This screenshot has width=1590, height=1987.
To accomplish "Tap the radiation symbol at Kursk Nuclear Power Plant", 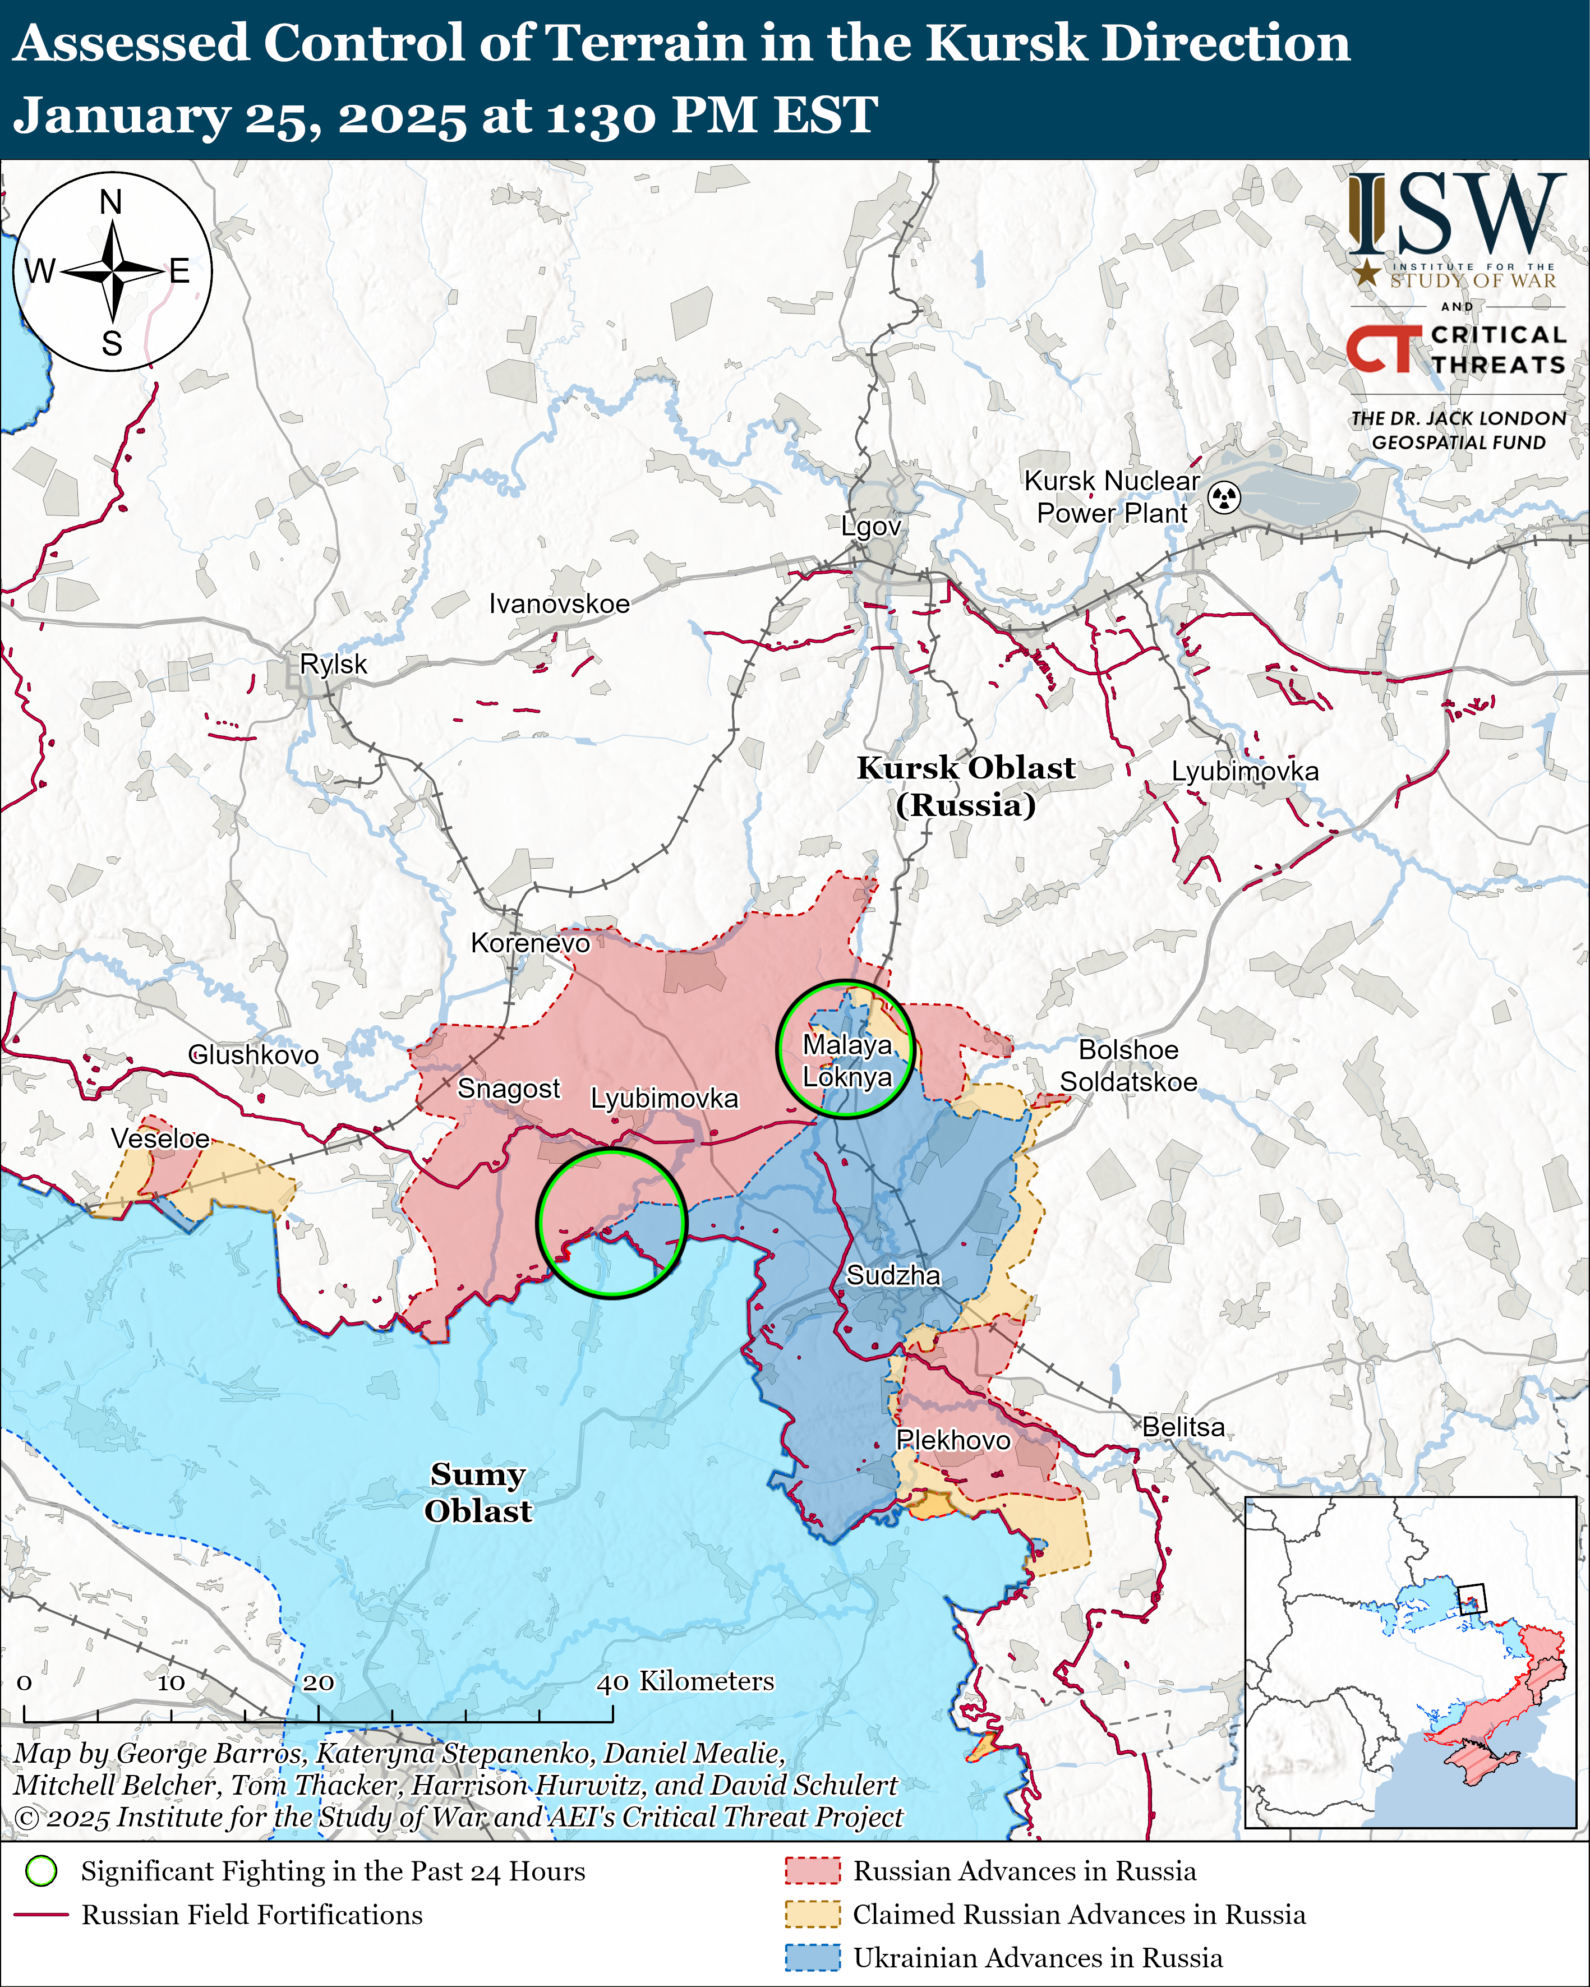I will point(1224,497).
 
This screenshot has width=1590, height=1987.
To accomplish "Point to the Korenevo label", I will point(530,943).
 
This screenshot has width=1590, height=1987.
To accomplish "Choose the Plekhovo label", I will point(953,1440).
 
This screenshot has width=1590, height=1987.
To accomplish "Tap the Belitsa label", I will point(1183,1427).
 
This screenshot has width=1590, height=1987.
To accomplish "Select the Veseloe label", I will point(160,1138).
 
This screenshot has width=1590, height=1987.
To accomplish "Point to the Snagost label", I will point(509,1089).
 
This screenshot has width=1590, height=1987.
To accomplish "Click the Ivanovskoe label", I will point(560,603).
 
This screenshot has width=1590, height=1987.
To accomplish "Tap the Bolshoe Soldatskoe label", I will point(1128,1066).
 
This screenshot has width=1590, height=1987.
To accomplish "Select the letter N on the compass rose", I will point(110,202).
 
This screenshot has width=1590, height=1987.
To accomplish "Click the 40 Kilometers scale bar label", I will point(686,1681).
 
